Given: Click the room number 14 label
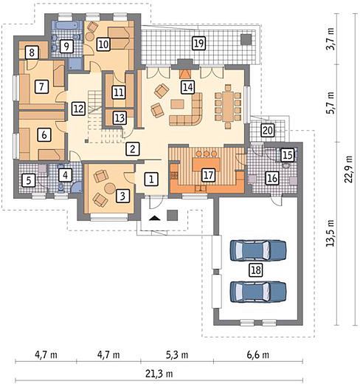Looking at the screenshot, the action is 188,87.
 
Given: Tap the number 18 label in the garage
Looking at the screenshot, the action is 256,270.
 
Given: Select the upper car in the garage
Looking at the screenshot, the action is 258,250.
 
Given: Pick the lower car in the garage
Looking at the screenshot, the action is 258,292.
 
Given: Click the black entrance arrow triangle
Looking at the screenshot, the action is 155,218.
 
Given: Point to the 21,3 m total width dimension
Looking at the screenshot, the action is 159,374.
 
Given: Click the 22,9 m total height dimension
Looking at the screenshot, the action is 348,169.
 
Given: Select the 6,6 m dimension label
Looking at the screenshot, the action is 257,354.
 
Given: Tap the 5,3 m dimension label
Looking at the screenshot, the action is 177,354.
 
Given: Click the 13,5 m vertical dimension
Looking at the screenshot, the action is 330,233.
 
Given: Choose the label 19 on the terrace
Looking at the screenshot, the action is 198,44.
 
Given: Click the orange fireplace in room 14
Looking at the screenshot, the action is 184,74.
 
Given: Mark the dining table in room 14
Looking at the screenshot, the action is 228,106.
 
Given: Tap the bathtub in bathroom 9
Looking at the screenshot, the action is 66,25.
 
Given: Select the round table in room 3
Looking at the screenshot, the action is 110,188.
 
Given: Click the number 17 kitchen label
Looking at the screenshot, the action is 208,175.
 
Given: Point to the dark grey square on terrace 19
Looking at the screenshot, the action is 246,39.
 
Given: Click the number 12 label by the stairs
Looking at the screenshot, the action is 79,109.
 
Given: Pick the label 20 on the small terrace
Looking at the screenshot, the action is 268,130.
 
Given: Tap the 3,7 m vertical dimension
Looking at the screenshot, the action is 330,39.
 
